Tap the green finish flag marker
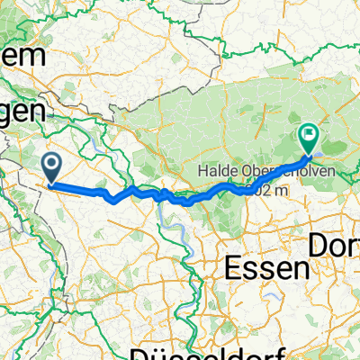click(x=309, y=138)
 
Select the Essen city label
click(x=265, y=267)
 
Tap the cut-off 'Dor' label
click(x=334, y=244)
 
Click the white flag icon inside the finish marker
click(x=309, y=137)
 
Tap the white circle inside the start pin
click(x=52, y=164)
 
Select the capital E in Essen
click(x=229, y=267)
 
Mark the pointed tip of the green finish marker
click(x=309, y=154)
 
